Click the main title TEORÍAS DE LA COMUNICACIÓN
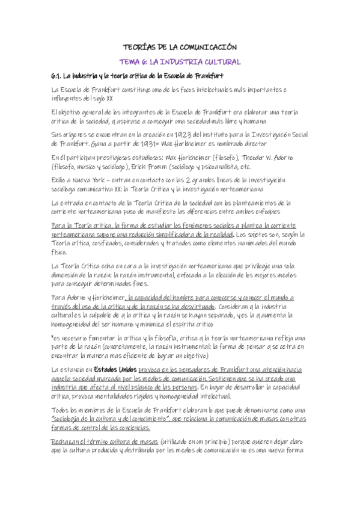[180, 46]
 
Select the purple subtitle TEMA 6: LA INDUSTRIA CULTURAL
[180, 61]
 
